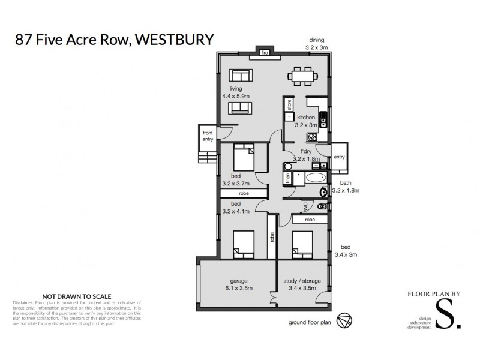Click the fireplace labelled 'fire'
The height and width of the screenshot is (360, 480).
263,52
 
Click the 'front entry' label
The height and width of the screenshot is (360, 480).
208,136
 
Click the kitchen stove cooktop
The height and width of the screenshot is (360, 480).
322,122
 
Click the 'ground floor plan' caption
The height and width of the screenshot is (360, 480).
310,322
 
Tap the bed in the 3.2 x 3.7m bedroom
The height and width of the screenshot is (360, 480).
242,159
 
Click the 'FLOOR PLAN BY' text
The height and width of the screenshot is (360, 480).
434,295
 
